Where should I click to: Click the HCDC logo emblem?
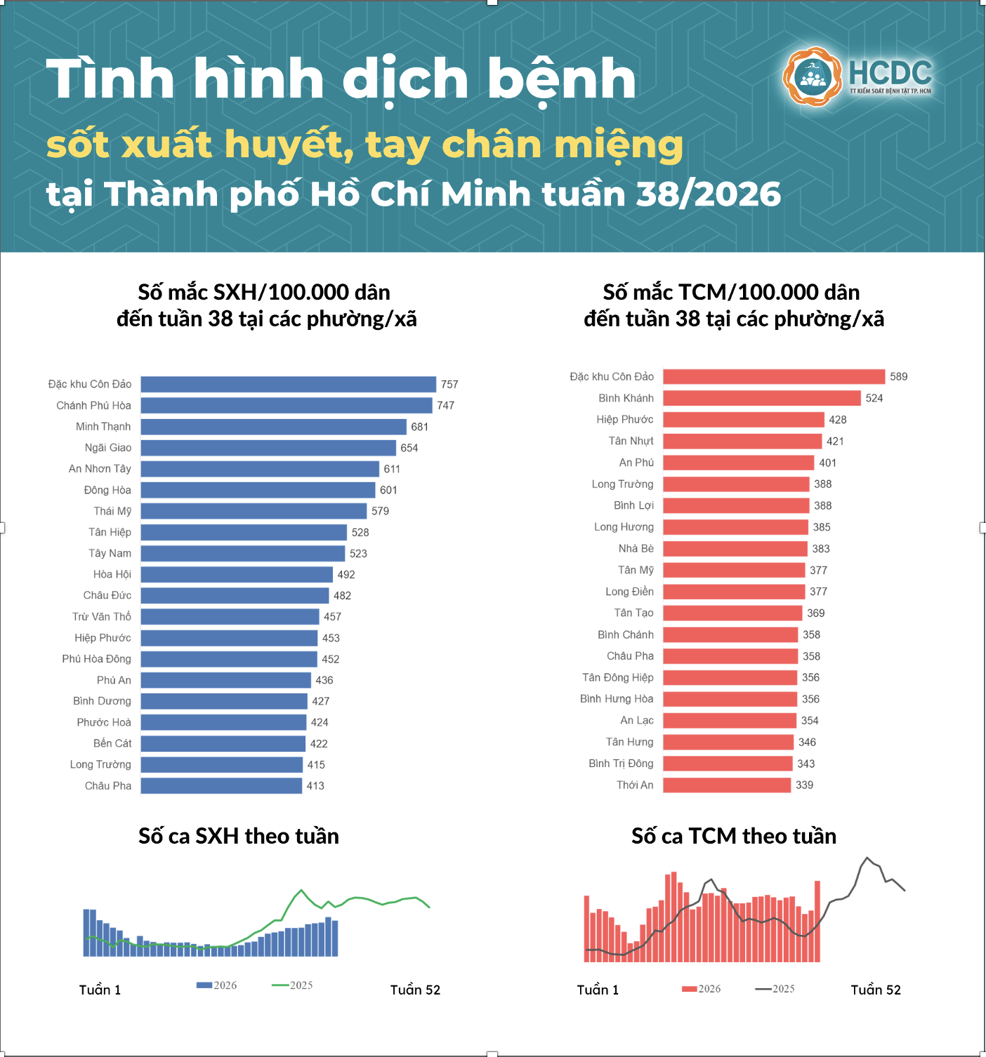coord(812,77)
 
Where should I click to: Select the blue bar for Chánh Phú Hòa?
coord(287,406)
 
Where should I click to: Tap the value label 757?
coord(449,384)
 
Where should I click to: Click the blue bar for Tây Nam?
coord(243,554)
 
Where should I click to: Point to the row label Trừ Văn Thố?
coord(102,616)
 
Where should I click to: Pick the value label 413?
coord(315,785)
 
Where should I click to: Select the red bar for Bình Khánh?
coord(762,398)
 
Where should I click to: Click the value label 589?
coord(899,377)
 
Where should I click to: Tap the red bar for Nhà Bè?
coord(735,549)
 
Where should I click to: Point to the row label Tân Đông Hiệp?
coord(617,677)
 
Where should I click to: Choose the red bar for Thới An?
coord(727,785)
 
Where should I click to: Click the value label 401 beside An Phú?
coord(827,463)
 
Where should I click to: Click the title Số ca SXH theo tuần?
coord(239,836)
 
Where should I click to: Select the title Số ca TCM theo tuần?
coord(734,836)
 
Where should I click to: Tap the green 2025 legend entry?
coord(292,985)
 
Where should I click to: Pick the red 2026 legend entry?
coord(701,989)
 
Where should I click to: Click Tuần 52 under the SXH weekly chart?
coord(416,990)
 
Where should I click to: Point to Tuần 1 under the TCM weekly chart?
coord(598,990)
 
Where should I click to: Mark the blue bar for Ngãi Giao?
coord(268,448)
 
